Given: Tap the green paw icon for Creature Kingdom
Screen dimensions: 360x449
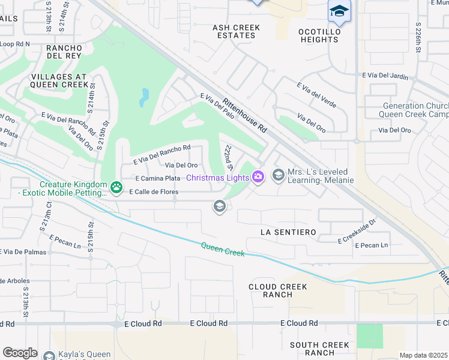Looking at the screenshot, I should [115, 189].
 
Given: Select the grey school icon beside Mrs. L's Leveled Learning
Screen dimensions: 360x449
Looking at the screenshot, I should [278, 175].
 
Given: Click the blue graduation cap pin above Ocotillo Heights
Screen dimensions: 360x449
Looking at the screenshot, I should [339, 11].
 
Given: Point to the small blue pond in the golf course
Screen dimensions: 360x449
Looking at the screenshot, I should [143, 97].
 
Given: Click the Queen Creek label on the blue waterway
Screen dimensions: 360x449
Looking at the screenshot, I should [223, 249].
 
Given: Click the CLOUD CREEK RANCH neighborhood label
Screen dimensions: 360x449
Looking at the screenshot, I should [278, 290].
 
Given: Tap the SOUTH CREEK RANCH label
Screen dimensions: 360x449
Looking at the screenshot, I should [320, 349].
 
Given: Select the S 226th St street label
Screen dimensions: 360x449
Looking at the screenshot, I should [419, 39].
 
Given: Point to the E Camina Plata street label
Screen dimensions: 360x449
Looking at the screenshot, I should [157, 178].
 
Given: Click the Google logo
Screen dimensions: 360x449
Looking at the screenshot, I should [20, 352].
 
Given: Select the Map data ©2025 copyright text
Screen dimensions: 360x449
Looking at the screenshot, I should [423, 355].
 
